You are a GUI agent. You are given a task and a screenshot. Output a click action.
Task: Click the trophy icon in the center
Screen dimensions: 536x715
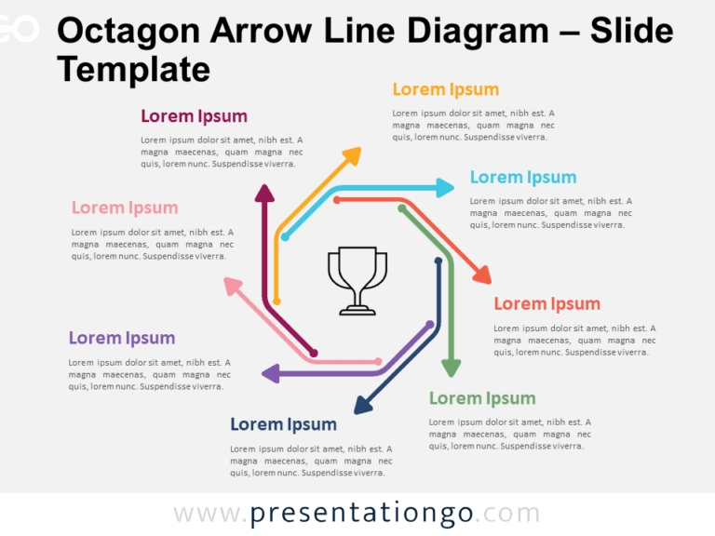pos(357,280)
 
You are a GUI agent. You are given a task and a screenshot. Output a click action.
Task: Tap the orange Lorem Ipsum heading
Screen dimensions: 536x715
pos(445,89)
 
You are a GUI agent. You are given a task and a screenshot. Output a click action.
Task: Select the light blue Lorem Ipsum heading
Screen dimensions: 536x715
pos(522,177)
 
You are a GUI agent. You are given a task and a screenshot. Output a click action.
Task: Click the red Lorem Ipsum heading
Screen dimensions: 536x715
pos(546,303)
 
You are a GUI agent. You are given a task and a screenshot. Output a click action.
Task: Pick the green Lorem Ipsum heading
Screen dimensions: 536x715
pos(481,398)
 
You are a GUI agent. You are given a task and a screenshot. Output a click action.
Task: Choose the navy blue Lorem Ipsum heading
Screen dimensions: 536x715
pos(283,424)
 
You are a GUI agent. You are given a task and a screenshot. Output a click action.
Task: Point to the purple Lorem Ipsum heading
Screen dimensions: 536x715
pos(121,338)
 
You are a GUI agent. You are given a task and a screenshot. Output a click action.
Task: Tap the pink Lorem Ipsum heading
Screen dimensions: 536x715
pos(124,208)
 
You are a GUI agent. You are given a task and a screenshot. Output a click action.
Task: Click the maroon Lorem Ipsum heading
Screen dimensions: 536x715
pos(194,116)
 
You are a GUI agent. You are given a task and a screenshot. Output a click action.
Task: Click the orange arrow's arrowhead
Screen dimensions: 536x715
pos(352,155)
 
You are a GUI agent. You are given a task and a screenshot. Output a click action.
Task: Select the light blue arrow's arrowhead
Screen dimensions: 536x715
pos(443,188)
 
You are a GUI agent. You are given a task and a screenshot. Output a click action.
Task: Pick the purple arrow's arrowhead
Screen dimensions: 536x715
pos(271,374)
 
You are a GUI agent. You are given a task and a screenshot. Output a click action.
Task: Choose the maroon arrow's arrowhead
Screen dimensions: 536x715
pos(264,193)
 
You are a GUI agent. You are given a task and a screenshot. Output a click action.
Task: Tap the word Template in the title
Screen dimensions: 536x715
pos(133,69)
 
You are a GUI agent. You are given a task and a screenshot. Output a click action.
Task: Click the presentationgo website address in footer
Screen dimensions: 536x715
pos(357,514)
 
